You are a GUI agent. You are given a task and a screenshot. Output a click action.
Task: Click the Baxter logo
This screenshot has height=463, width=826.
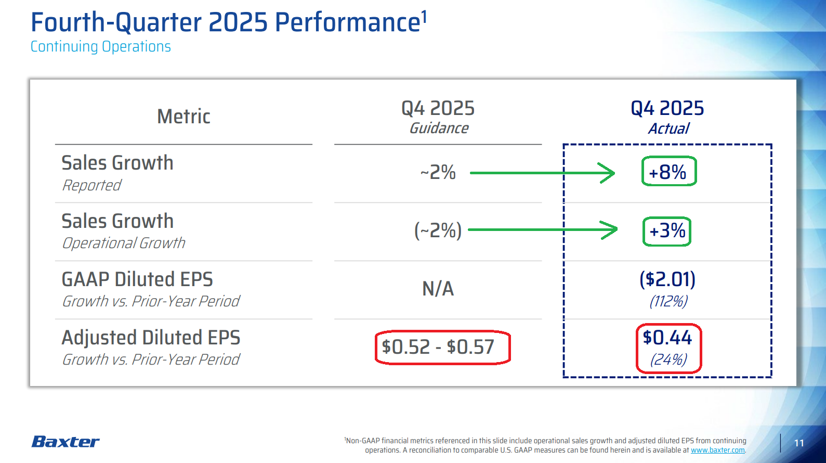(65, 442)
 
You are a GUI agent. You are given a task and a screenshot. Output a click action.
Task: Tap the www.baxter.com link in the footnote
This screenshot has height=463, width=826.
(717, 450)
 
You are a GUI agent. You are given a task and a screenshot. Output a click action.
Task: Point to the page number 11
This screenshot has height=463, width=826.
(799, 443)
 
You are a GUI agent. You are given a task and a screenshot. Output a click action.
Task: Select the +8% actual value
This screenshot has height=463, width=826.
(668, 172)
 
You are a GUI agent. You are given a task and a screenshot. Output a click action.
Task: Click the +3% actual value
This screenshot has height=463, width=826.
(667, 230)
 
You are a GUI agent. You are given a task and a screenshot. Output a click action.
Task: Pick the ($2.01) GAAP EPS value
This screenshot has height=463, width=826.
(667, 279)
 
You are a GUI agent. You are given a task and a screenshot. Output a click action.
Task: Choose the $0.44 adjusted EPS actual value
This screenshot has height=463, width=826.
(667, 338)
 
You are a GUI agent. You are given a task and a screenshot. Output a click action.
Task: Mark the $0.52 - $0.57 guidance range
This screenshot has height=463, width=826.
(438, 347)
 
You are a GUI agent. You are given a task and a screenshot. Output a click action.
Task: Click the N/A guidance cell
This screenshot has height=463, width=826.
(438, 289)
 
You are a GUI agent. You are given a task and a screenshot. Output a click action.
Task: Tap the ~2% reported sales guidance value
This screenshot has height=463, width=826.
(438, 172)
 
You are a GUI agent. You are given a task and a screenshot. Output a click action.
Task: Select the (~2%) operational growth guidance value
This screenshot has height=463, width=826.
(438, 230)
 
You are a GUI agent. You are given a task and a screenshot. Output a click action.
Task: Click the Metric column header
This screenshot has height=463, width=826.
(183, 117)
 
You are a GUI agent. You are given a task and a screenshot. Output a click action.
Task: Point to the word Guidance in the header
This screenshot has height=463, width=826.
(439, 128)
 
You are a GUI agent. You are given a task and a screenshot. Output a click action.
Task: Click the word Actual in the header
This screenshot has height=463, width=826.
(668, 128)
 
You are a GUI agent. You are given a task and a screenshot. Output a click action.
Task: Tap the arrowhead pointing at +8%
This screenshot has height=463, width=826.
(609, 173)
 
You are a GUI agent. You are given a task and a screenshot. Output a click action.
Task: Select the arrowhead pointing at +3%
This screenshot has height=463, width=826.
(611, 229)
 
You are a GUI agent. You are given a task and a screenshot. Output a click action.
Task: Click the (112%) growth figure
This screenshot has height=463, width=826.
(668, 301)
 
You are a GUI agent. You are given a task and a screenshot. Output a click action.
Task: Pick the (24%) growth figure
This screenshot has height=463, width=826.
(668, 359)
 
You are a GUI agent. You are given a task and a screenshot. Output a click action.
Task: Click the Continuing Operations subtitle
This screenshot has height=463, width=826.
(100, 47)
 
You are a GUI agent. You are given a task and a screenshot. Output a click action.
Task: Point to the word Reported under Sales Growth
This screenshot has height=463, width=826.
(91, 185)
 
